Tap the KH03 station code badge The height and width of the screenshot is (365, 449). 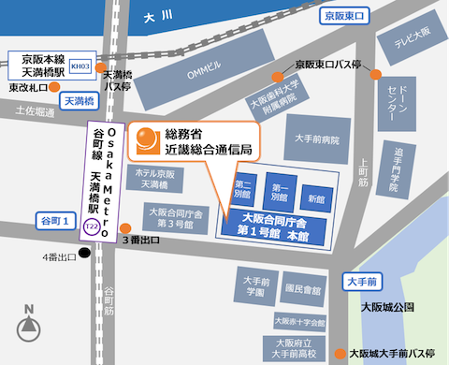[81, 66]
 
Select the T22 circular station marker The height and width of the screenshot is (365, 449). [90, 227]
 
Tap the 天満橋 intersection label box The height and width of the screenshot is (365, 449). [80, 98]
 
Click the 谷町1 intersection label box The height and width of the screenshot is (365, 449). [52, 219]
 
